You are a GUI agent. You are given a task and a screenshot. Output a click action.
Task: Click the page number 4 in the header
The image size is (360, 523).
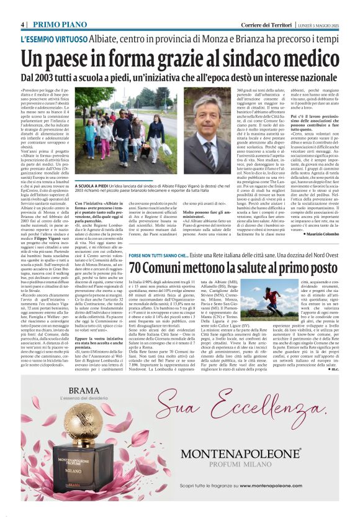pyautogui.click(x=22, y=24)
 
